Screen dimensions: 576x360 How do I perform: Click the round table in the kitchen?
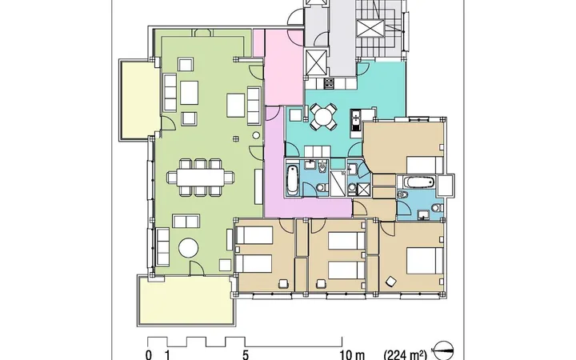click(324, 117)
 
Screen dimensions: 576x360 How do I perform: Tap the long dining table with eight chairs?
click(201, 178)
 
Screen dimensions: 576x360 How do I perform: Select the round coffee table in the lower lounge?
click(189, 248)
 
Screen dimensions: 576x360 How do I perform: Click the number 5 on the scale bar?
click(246, 355)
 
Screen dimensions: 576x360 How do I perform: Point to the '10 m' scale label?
click(353, 355)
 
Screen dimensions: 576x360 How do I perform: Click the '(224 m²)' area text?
click(406, 355)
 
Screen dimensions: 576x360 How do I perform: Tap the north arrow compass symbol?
click(444, 350)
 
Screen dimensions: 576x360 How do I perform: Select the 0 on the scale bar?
click(149, 355)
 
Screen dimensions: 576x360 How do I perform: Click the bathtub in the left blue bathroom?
click(293, 180)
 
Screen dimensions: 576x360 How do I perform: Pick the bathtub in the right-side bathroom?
click(418, 182)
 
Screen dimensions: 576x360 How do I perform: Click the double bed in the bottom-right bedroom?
click(425, 261)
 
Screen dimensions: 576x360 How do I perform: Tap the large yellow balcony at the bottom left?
click(186, 300)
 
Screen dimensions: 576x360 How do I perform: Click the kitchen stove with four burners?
click(329, 83)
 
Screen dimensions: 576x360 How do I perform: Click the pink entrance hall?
click(283, 67)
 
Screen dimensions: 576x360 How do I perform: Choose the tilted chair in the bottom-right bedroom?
click(390, 282)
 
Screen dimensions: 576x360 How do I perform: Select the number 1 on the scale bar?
click(168, 355)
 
